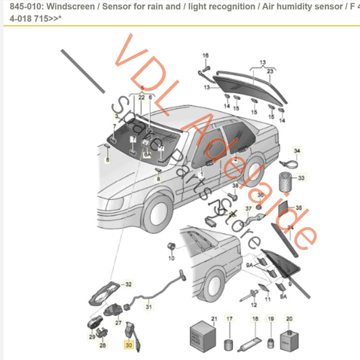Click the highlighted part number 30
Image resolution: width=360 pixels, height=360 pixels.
tap(128, 344)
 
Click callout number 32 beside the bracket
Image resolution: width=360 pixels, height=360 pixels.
tap(128, 284)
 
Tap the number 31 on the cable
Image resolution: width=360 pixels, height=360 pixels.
tap(150, 307)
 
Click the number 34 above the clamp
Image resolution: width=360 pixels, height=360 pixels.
tap(297, 151)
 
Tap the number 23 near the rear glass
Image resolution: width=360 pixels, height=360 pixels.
tap(270, 70)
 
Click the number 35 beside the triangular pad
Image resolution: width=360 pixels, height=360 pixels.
tap(299, 208)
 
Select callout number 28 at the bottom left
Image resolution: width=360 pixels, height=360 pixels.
tap(103, 345)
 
